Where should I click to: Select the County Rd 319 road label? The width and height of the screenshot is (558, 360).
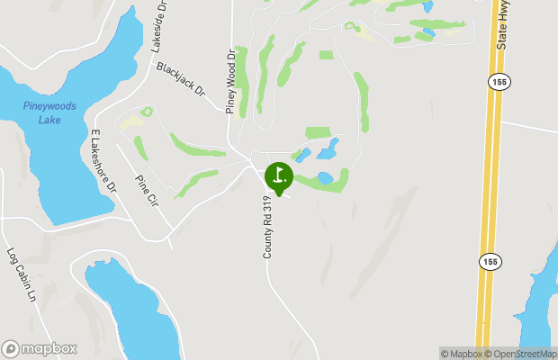pyautogui.click(x=268, y=231)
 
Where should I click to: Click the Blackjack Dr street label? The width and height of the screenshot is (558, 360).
pyautogui.click(x=181, y=79)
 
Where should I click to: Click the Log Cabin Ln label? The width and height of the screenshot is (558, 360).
pyautogui.click(x=21, y=274)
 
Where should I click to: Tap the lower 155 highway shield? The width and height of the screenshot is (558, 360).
pyautogui.click(x=489, y=261)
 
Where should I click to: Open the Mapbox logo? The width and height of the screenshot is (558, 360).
pyautogui.click(x=39, y=348)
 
